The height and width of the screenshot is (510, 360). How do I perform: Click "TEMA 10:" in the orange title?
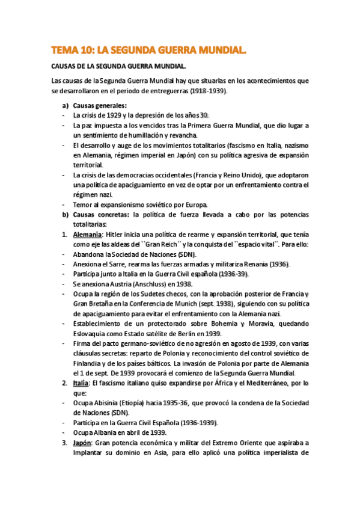coord(70,52)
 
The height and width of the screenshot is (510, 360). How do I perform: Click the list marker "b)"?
coord(66,215)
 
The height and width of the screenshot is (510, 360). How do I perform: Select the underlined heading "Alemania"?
coord(88,235)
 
